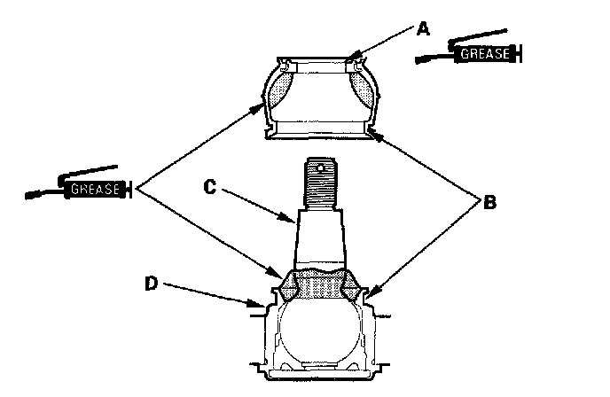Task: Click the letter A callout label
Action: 423,28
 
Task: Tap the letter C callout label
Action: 210,188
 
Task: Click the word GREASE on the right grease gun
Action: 482,55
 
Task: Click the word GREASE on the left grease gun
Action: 92,188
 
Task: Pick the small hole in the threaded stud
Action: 325,165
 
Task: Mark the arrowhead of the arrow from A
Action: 351,60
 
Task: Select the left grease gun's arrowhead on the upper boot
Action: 262,107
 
